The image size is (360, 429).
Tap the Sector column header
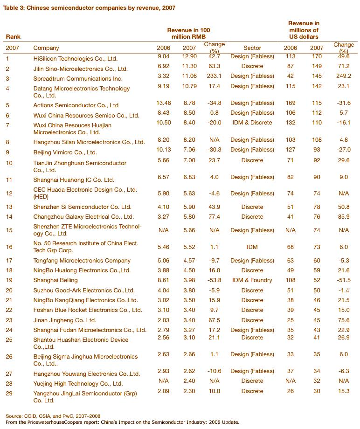pos(252,48)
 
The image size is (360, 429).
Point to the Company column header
pos(46,48)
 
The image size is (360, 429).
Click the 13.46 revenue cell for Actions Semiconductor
pos(163,103)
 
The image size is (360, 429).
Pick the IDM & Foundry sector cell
pos(252,280)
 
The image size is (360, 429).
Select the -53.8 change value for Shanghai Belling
pos(215,280)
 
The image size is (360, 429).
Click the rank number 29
pos(9,394)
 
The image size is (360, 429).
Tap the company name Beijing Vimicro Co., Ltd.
pos(65,152)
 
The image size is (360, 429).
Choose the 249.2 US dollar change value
pos(343,76)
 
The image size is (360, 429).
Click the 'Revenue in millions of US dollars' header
pos(304,30)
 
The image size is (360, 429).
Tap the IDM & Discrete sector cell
pos(252,123)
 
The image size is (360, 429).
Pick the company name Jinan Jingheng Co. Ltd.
pos(64,320)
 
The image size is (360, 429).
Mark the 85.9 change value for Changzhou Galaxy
pos(343,216)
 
